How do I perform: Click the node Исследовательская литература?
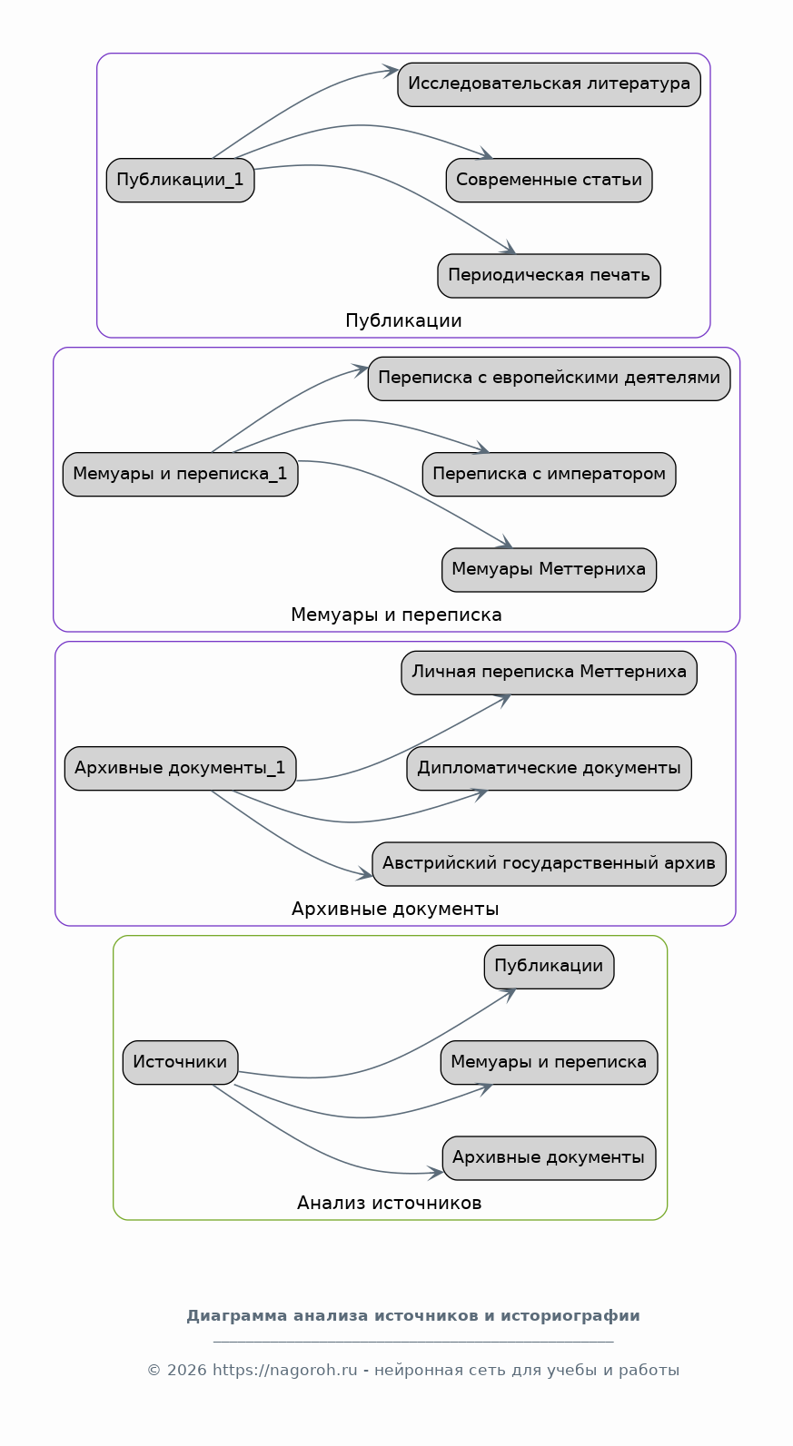(x=549, y=84)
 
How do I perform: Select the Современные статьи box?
(x=549, y=180)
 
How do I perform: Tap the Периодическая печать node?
(x=549, y=276)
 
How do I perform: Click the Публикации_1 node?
(x=180, y=180)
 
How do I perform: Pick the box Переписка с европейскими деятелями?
(x=549, y=379)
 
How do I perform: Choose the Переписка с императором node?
(x=549, y=475)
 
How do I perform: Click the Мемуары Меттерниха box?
(x=549, y=570)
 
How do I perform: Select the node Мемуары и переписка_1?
(x=180, y=475)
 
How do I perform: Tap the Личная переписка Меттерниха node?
(x=549, y=673)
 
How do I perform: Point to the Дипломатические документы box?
(x=549, y=768)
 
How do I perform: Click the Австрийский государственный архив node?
(x=549, y=864)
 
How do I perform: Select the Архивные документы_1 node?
(x=180, y=768)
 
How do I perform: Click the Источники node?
(x=180, y=1063)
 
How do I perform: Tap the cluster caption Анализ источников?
(x=390, y=1204)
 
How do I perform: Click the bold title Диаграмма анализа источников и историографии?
(x=413, y=1316)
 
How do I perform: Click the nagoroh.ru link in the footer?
(x=285, y=1371)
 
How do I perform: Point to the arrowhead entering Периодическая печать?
(x=509, y=249)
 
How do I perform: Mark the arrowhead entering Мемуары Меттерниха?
(x=505, y=542)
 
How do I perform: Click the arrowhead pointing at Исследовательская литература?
(x=390, y=71)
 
